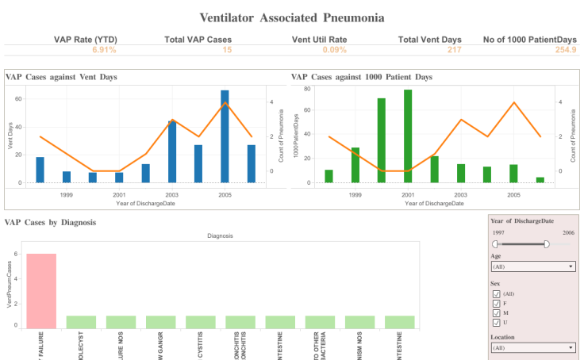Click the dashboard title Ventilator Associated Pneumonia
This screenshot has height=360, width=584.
[292, 17]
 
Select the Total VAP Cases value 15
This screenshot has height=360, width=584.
[227, 50]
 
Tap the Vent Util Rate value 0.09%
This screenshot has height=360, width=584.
[335, 50]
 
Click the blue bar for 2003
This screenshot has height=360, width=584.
[172, 151]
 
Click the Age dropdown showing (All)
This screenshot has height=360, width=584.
[532, 267]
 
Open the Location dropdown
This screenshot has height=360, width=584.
[532, 347]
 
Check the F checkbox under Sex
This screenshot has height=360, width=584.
[497, 303]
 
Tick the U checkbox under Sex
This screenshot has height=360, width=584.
[497, 322]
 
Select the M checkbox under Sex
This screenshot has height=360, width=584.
[497, 312]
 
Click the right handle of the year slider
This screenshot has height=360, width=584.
[547, 244]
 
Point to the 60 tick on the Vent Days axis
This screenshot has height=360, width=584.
[19, 99]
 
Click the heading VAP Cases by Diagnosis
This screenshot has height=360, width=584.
[51, 223]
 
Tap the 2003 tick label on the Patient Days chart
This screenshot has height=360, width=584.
[461, 193]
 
